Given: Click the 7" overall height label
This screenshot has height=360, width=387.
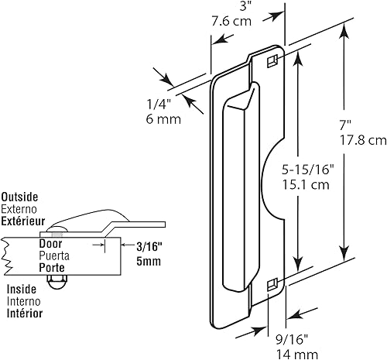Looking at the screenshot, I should tap(355, 125).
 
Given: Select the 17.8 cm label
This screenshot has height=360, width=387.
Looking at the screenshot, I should tap(365, 141).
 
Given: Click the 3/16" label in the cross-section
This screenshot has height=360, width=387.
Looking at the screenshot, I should tap(127, 246).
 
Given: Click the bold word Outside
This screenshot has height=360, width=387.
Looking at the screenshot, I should tap(19, 197).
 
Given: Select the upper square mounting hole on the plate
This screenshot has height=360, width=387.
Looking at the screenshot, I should tap(272, 60).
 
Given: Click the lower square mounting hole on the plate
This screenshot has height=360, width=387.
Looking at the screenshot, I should tap(272, 286).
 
